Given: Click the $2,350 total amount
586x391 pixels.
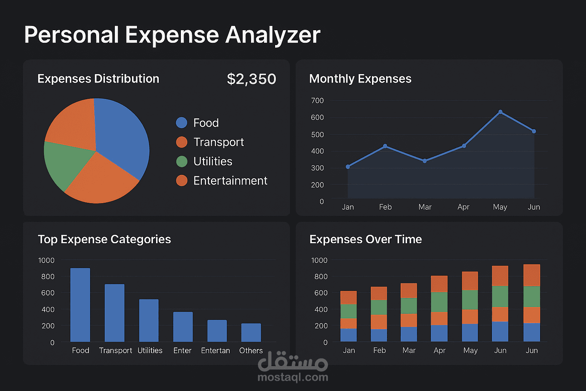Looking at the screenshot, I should click(x=251, y=79).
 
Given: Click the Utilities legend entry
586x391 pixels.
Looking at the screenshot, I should click(x=213, y=162).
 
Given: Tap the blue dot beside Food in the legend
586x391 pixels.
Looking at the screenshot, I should click(x=182, y=123).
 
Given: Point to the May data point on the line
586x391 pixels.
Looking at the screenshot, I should click(x=500, y=112).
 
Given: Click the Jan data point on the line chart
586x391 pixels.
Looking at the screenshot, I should click(x=348, y=167).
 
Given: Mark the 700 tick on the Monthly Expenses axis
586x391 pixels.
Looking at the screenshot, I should click(x=317, y=101).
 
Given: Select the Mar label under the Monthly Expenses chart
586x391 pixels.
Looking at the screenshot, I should click(x=425, y=207).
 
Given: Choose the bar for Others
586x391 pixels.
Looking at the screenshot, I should click(x=251, y=333).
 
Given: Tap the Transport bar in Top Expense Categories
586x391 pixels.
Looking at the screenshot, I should click(x=114, y=313).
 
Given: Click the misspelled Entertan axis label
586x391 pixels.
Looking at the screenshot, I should click(x=216, y=351).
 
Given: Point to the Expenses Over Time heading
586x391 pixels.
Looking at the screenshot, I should click(x=365, y=239).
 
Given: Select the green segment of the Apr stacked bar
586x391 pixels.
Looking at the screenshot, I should click(x=439, y=302).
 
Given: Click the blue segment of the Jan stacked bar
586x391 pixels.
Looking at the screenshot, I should click(x=348, y=335).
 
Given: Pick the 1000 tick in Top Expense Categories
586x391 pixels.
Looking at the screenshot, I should click(x=46, y=260).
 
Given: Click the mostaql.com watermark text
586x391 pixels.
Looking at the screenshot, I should click(x=293, y=378).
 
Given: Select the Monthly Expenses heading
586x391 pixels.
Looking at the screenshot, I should click(x=360, y=79).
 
